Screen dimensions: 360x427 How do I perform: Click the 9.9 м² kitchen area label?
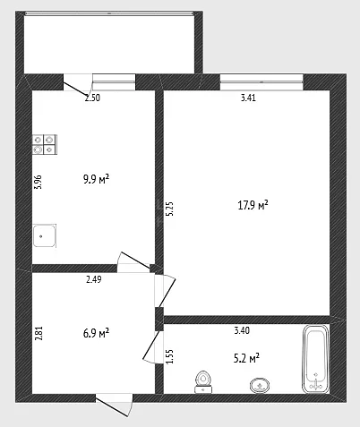96,180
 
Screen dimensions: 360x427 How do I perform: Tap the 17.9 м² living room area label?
253,205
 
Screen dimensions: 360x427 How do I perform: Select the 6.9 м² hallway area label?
96,333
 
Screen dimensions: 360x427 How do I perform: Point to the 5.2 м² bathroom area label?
246,358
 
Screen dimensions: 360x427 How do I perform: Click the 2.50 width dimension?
92,98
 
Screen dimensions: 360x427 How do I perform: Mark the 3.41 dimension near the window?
248,98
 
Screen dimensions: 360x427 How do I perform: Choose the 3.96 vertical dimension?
39,182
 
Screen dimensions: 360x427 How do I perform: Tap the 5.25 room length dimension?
169,209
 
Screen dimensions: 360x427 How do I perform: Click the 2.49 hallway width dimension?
94,279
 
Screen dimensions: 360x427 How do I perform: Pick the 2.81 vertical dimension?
39,333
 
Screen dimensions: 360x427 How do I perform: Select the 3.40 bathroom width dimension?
242,330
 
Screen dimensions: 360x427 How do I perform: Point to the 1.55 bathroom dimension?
169,356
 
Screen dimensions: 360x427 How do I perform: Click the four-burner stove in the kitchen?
45,144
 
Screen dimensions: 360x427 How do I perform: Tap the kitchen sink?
45,235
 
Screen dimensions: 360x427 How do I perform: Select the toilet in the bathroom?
203,382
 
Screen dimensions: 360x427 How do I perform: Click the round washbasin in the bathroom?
260,386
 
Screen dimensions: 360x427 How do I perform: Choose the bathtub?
316,359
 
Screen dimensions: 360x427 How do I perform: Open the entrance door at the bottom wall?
114,405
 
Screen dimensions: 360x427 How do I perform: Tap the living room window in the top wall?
261,82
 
